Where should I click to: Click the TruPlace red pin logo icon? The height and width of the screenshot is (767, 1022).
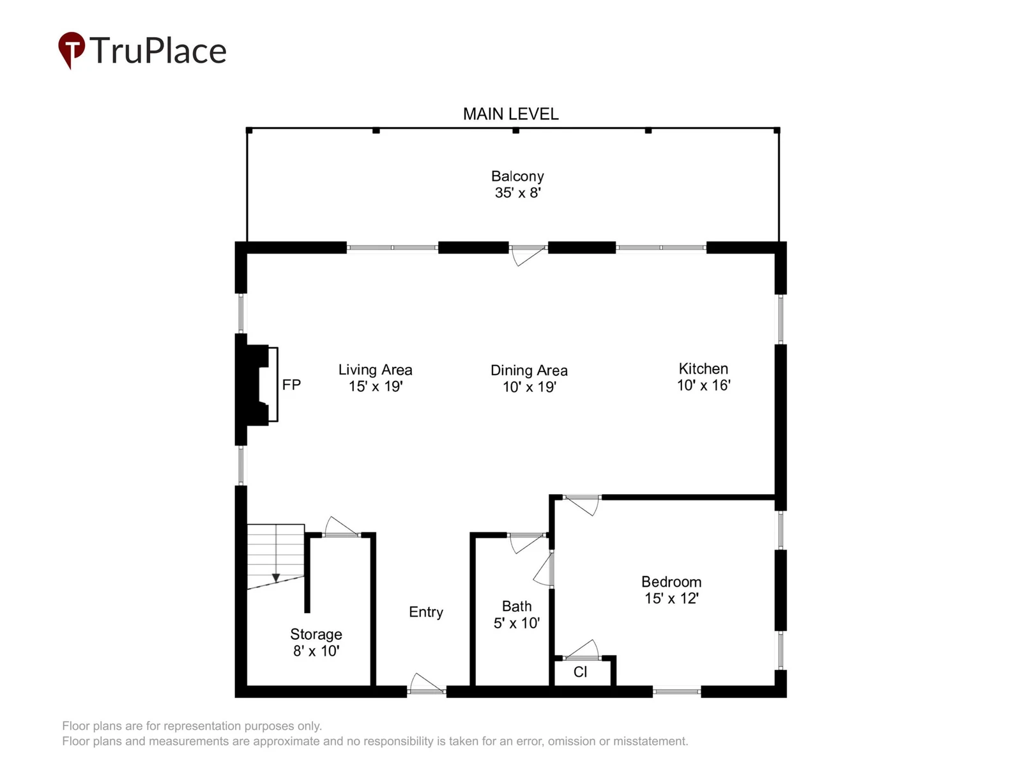(x=72, y=49)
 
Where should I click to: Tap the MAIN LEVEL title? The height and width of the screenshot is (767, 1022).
(x=511, y=114)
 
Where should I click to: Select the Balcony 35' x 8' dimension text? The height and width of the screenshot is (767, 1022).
(x=518, y=193)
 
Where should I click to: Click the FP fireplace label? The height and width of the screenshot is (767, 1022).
(x=291, y=385)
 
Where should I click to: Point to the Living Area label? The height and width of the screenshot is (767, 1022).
(x=376, y=370)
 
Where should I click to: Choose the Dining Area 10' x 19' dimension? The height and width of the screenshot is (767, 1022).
(x=530, y=387)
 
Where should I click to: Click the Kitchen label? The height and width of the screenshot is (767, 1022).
(x=703, y=369)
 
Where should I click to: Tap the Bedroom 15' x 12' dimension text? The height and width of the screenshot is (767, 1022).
(x=671, y=598)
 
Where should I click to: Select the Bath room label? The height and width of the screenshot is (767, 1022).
(x=517, y=607)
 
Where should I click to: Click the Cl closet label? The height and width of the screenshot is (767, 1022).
(x=580, y=672)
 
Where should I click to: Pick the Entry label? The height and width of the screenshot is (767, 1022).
(x=426, y=612)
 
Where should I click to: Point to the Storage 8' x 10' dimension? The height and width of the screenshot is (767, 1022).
(x=316, y=651)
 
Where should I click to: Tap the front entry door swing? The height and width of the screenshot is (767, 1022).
(x=427, y=684)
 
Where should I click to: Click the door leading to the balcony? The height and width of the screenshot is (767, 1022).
(x=528, y=256)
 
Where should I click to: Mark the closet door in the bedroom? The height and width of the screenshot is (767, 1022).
(x=581, y=650)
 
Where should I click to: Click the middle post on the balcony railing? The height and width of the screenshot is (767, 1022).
(x=515, y=131)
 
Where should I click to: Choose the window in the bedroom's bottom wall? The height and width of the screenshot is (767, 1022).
(x=676, y=692)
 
